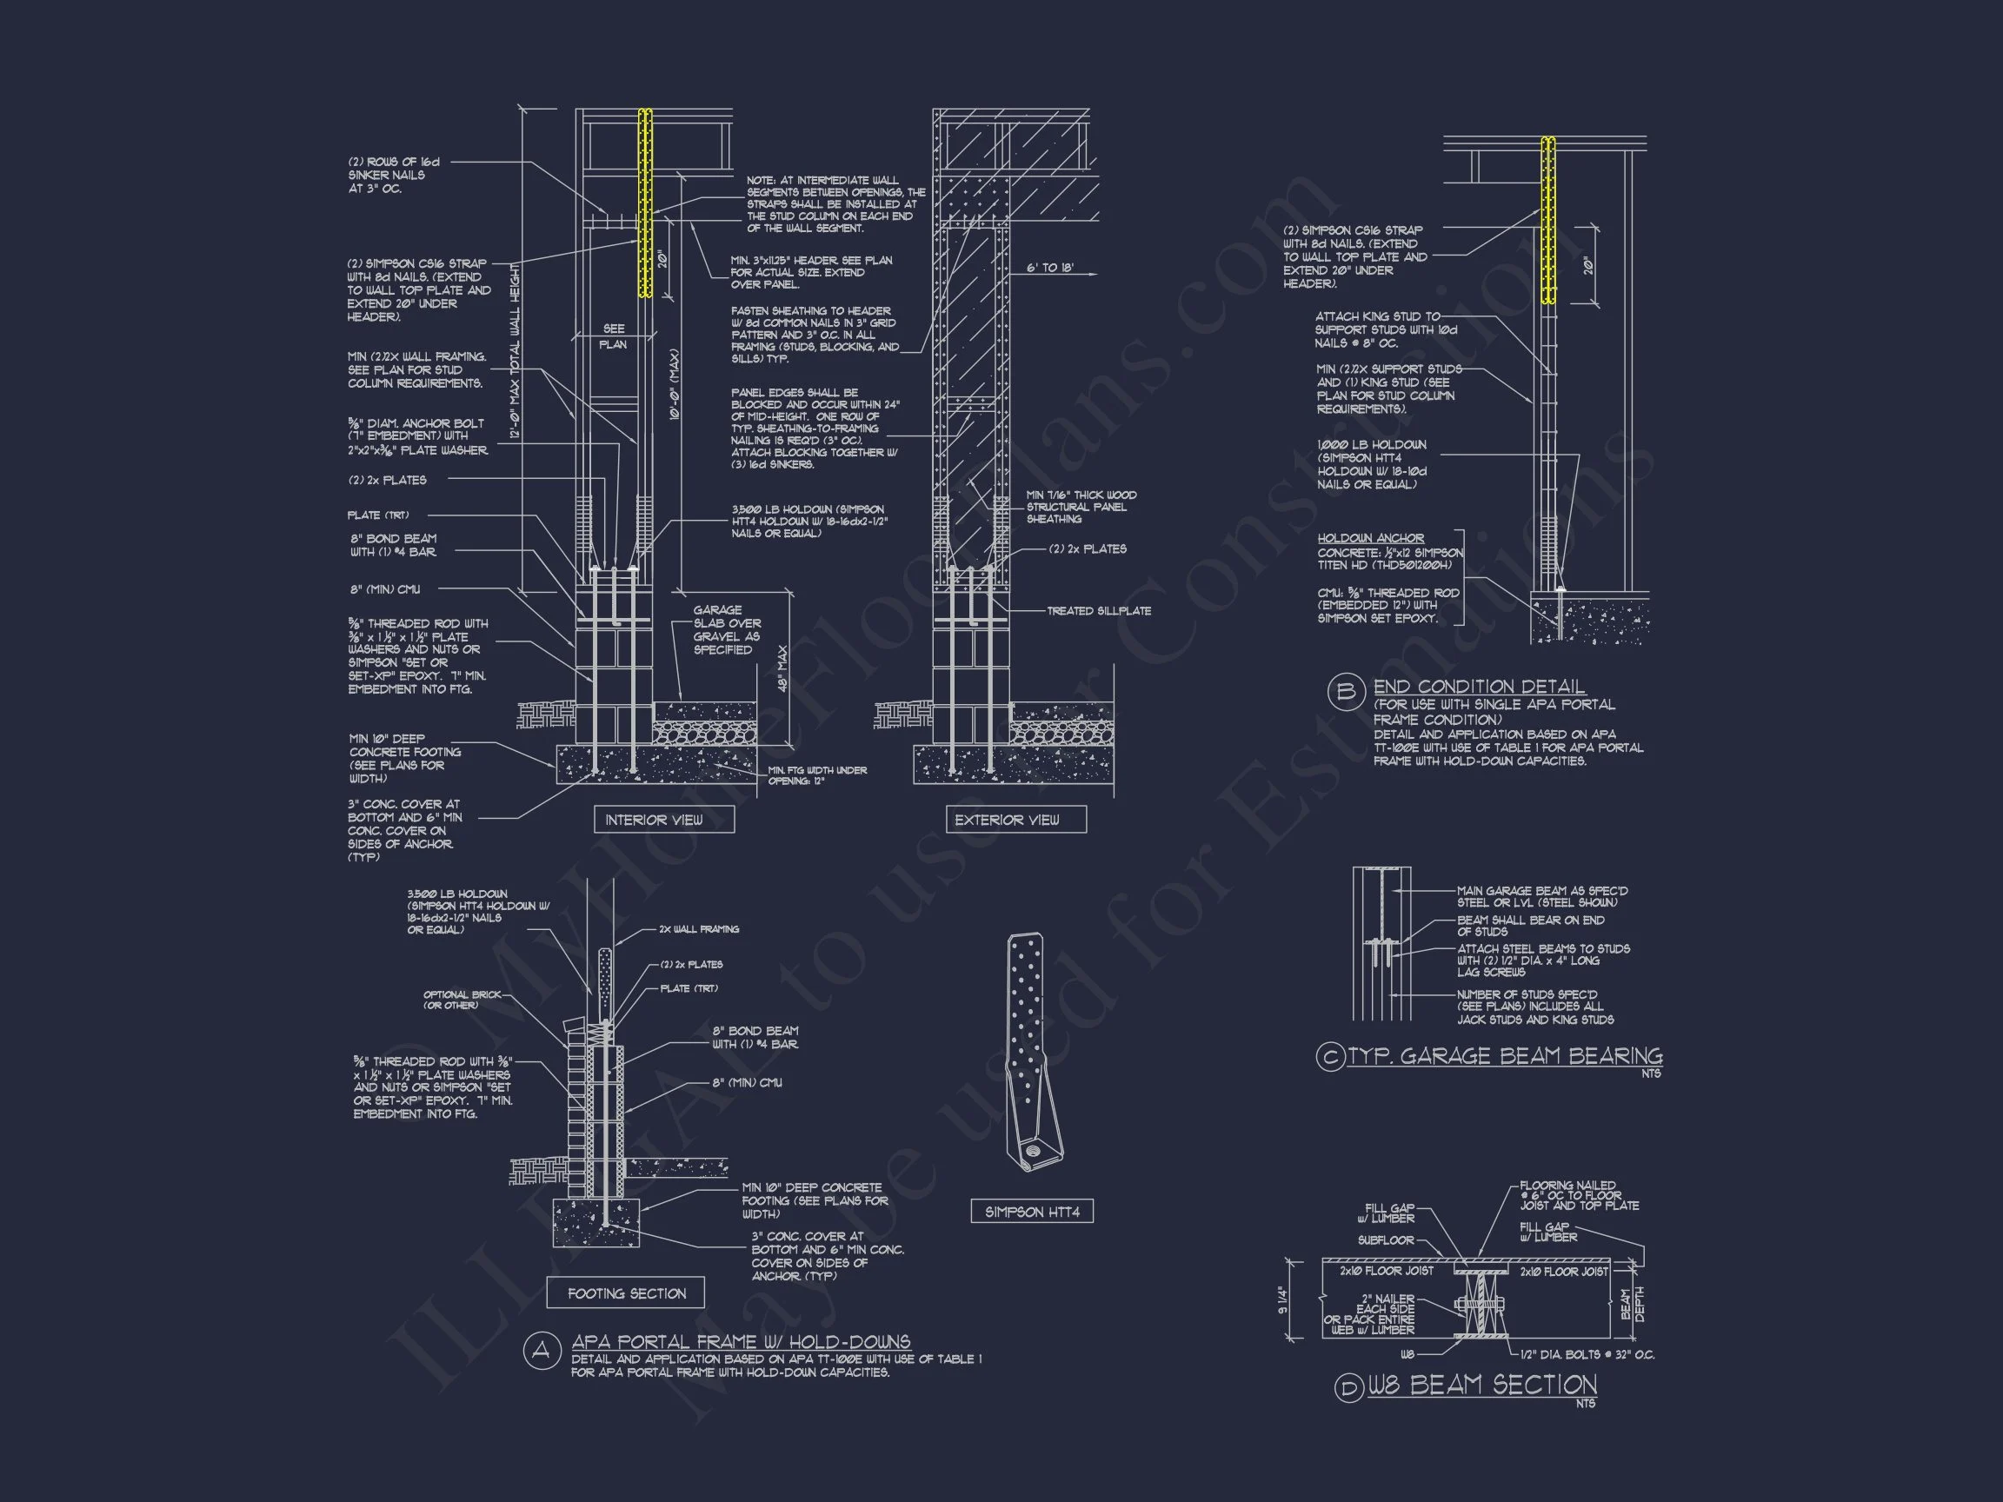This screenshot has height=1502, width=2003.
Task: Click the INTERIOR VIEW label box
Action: (654, 821)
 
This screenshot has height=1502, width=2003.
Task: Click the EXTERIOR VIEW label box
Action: (1007, 821)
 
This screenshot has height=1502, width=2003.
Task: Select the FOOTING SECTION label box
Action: (627, 1293)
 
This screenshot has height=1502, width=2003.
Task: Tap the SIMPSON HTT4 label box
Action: (1032, 1212)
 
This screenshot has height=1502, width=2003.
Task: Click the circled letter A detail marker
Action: (542, 1352)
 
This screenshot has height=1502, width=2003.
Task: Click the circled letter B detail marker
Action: (1346, 693)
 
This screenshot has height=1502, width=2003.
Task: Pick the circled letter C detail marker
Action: (1330, 1058)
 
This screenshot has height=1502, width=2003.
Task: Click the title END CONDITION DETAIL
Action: (1479, 688)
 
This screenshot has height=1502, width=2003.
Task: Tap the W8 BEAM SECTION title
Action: (1481, 1386)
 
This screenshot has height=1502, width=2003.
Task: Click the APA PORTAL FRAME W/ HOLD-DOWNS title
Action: (741, 1342)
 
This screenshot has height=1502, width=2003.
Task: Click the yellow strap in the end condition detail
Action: (1548, 219)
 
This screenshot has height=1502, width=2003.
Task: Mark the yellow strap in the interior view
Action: (645, 203)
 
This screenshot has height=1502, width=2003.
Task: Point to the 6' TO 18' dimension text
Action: (1049, 269)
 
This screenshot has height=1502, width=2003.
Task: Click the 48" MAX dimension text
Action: (783, 668)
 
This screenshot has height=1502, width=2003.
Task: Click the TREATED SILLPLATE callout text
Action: (1098, 611)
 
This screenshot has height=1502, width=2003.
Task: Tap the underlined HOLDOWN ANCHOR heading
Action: (1370, 538)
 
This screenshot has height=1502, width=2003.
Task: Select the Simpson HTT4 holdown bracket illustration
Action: (1031, 1050)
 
